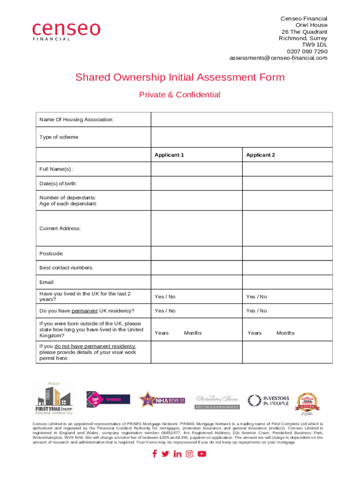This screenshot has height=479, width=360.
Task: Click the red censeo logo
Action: [x=66, y=30]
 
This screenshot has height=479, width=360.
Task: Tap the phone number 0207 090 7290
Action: [x=307, y=51]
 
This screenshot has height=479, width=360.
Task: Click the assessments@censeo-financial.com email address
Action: [x=278, y=58]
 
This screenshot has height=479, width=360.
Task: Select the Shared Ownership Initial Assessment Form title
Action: [x=180, y=77]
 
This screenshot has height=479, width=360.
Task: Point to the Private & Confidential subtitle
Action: [x=180, y=95]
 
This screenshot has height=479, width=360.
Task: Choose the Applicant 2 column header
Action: [x=261, y=155]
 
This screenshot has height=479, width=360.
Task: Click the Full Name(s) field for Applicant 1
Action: [x=196, y=169]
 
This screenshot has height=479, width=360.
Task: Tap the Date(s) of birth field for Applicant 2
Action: [x=287, y=183]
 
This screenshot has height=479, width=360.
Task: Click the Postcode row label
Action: [x=51, y=254]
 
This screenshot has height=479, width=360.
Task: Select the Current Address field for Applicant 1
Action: [x=196, y=228]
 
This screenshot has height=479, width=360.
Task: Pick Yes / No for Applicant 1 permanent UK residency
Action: [x=165, y=311]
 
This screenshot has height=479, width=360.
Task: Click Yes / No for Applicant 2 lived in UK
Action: [x=257, y=297]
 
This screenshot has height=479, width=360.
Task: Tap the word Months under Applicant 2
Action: [x=285, y=333]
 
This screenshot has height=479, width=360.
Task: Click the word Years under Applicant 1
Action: [x=162, y=333]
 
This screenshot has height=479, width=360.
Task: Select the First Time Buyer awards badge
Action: [x=53, y=399]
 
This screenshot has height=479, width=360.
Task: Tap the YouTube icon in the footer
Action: [x=202, y=454]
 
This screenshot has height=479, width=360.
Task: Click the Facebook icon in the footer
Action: [x=155, y=454]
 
